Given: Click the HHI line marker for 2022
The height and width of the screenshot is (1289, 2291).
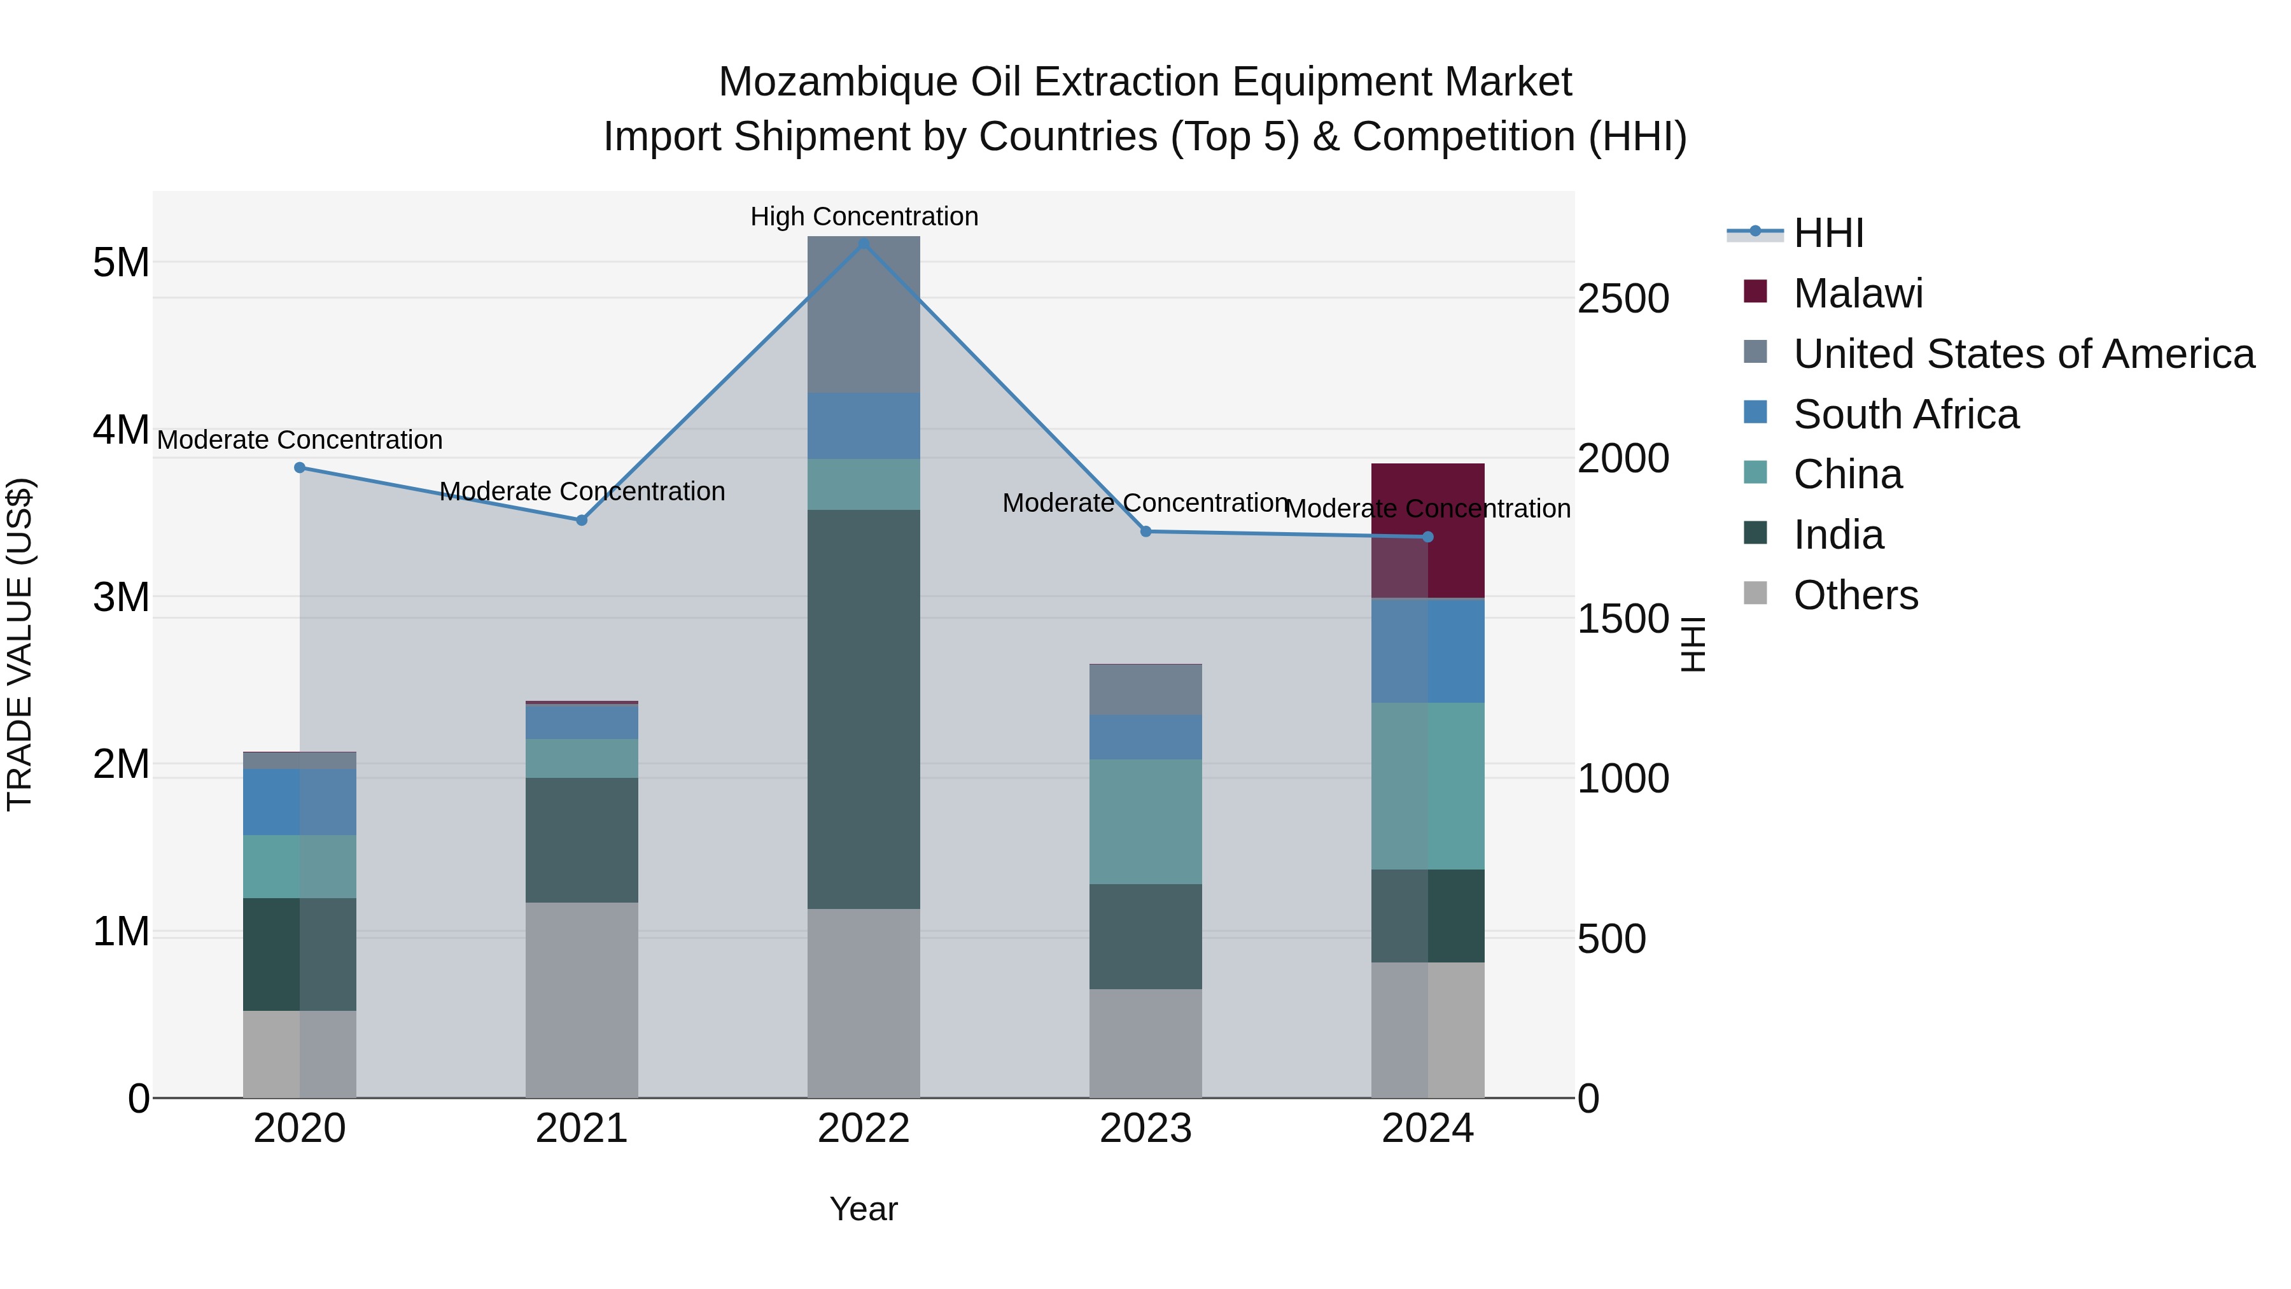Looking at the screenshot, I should click(863, 243).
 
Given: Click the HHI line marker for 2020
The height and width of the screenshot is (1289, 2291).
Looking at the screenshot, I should click(300, 468).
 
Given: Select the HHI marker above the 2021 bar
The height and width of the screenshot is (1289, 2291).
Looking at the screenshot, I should click(582, 521).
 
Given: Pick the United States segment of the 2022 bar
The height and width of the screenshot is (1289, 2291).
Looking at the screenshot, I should click(863, 315).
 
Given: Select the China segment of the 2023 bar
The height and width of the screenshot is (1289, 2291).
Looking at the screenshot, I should click(1145, 821).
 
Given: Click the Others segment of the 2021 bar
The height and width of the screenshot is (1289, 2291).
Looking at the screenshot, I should click(582, 1000).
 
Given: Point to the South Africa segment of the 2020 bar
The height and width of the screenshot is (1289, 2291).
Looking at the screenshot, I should click(300, 801).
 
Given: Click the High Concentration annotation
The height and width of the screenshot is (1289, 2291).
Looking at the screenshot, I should click(864, 216).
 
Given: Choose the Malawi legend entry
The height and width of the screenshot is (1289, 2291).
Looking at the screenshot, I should click(1857, 293).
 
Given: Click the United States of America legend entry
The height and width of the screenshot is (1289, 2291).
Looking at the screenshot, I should click(2023, 354).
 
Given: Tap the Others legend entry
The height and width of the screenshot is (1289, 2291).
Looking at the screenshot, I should click(1855, 595).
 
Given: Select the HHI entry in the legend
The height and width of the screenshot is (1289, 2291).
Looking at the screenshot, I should click(1828, 233).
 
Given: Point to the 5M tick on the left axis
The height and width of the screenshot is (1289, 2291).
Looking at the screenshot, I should click(121, 262).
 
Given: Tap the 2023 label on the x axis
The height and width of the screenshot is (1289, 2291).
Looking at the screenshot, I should click(1145, 1129).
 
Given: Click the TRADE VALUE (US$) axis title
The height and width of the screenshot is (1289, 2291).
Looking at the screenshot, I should click(20, 644).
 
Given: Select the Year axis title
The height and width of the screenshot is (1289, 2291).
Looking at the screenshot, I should click(863, 1209).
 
